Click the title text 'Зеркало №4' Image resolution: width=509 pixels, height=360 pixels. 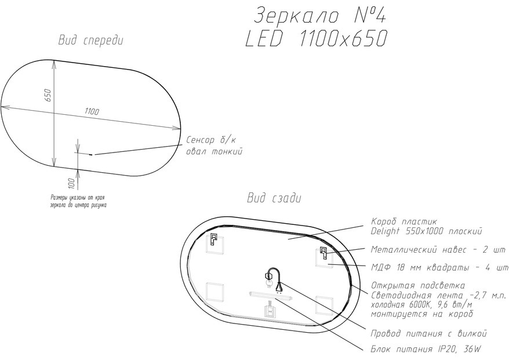[319, 15]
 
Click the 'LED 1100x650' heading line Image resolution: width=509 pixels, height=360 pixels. [316, 39]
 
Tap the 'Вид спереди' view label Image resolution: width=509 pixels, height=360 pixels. [91, 41]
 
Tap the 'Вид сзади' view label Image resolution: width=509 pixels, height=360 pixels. [274, 198]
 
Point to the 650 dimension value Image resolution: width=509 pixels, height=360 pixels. [48, 95]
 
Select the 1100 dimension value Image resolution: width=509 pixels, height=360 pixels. [92, 111]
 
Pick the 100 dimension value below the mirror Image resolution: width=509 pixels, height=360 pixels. [72, 184]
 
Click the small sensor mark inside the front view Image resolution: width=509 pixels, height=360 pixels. [91, 155]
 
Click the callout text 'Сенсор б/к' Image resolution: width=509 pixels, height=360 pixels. [212, 140]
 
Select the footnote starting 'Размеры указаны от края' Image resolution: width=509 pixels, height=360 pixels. [79, 201]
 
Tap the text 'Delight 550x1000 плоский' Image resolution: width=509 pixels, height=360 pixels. [426, 231]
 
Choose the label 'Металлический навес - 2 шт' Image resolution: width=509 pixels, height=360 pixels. [438, 250]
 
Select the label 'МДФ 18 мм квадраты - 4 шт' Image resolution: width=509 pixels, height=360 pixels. [439, 268]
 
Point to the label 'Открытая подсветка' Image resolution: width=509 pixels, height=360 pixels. [418, 286]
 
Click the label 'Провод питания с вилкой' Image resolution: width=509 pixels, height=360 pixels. [429, 333]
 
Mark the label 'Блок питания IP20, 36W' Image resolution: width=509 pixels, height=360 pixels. [426, 350]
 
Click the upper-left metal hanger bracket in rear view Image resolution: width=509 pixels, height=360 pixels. [213, 239]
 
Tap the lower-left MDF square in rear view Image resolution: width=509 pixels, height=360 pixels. [214, 292]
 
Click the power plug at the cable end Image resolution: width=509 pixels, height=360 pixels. [279, 286]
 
